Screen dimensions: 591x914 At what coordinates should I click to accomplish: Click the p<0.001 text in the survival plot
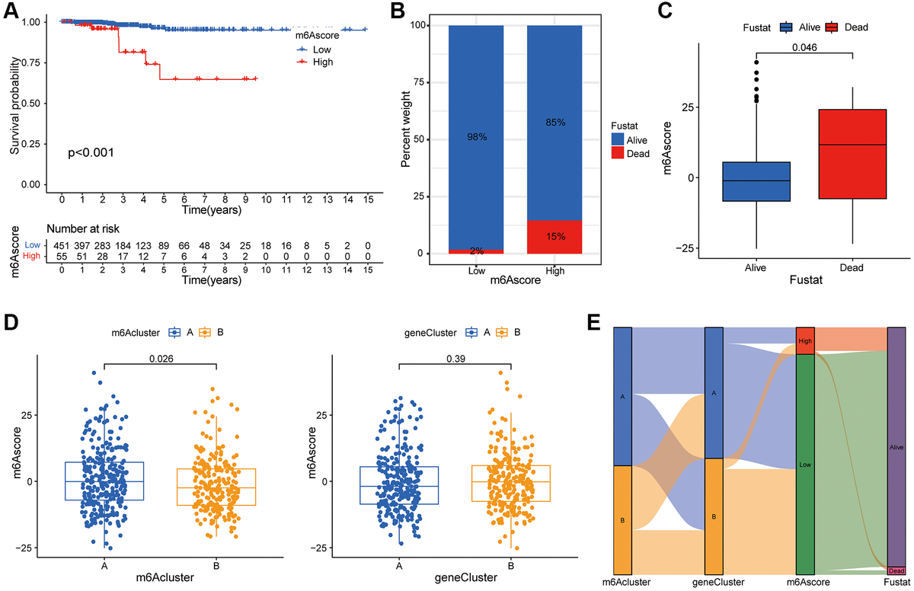91,152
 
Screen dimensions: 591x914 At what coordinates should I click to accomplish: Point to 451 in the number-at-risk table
61,245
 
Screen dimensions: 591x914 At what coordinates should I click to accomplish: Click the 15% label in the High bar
556,237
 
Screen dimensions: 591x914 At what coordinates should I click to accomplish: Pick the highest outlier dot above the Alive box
756,62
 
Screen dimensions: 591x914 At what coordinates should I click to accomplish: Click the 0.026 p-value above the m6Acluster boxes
161,355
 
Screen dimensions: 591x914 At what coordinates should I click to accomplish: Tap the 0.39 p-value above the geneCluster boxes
455,355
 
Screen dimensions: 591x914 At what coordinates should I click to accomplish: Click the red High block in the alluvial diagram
805,340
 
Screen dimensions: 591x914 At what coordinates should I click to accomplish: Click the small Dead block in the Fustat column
896,570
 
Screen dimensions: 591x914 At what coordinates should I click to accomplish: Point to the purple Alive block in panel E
896,447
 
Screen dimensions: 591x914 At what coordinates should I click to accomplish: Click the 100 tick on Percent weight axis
417,25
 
